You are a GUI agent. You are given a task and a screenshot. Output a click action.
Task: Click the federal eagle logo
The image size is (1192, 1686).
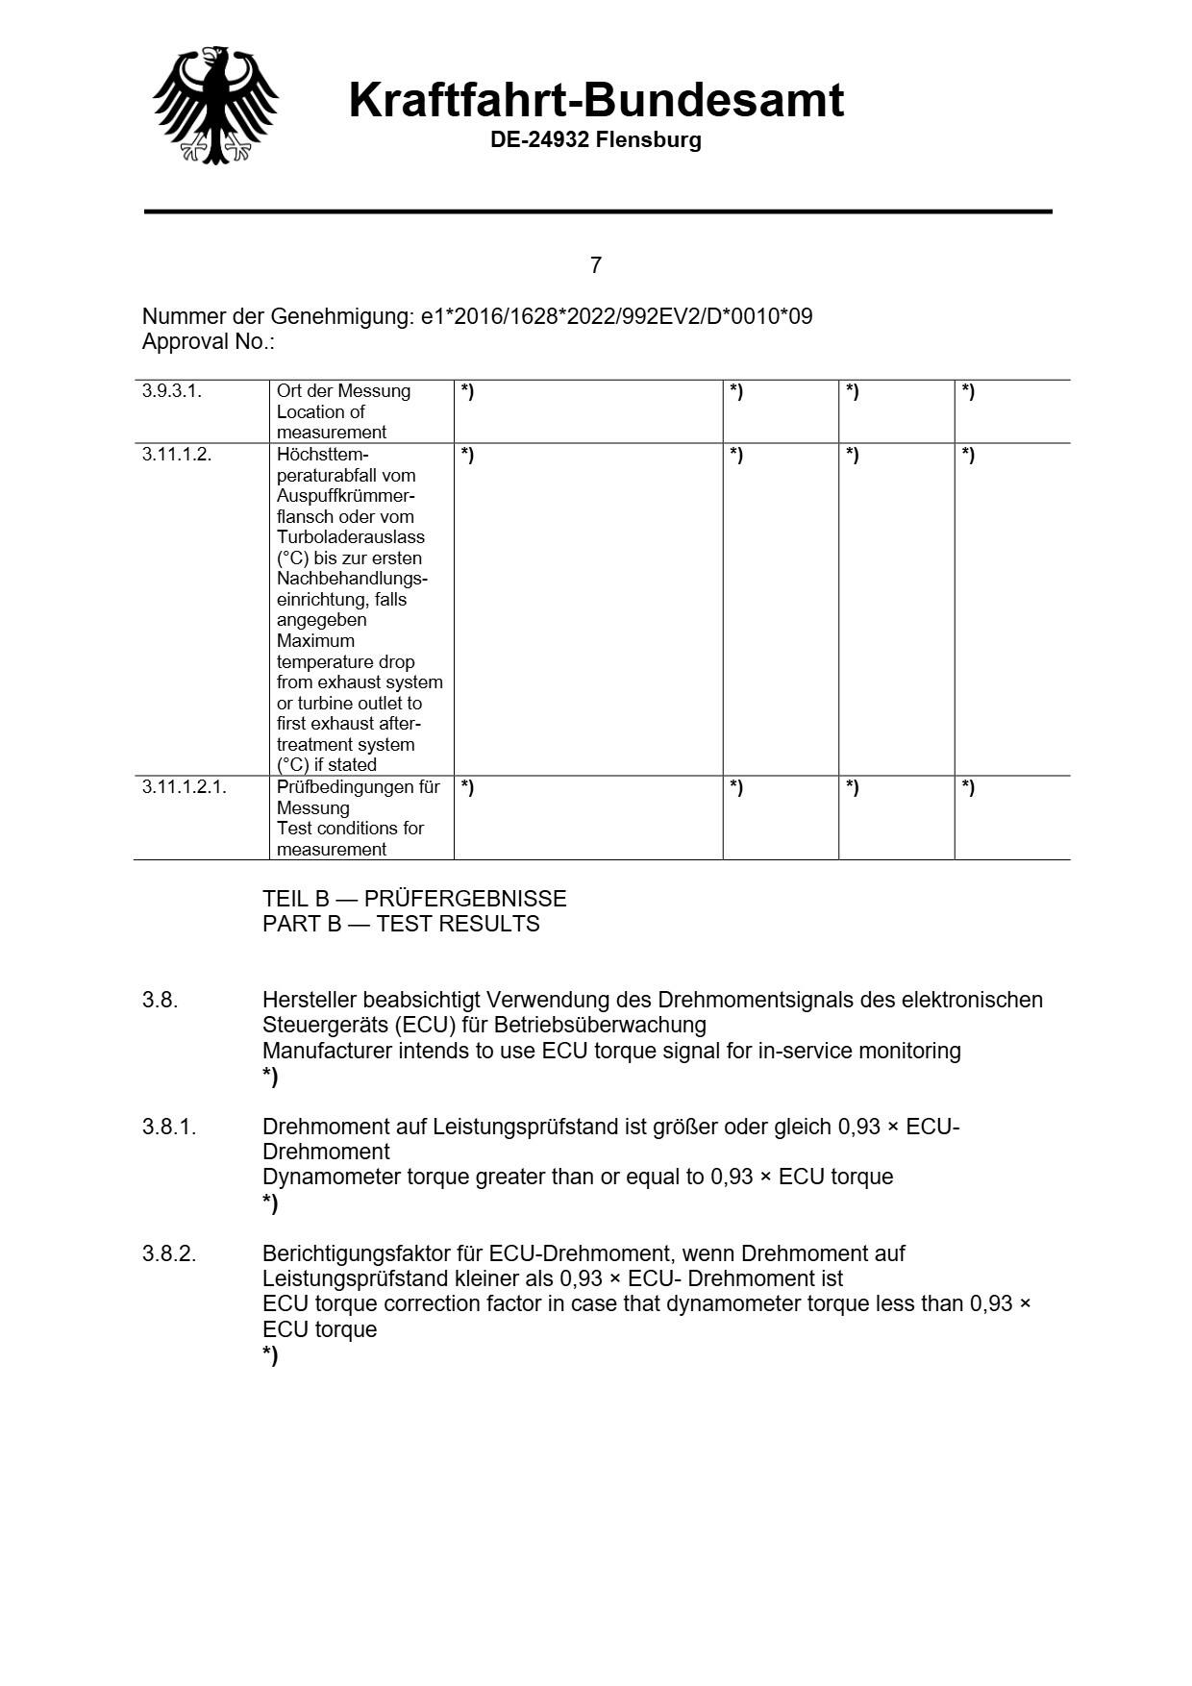pos(215,105)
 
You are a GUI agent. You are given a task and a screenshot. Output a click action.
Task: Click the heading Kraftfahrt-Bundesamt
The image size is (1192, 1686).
pos(596,100)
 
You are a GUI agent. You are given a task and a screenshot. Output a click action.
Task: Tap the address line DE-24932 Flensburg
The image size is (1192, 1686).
pos(596,140)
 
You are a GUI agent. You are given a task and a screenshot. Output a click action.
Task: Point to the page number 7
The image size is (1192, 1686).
pos(596,265)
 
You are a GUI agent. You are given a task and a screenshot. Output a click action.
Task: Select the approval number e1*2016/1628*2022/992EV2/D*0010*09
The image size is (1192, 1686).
pos(616,316)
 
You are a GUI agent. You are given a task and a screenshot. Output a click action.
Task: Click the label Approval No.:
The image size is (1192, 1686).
pos(209,342)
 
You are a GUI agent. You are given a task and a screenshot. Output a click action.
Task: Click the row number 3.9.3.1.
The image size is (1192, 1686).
pos(172,391)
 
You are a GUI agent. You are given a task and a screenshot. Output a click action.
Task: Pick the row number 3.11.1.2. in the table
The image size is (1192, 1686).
pos(177,455)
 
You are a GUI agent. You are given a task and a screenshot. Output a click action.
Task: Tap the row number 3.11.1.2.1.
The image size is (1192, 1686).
pos(185,787)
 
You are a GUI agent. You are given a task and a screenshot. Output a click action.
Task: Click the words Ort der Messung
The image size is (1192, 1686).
pos(343,391)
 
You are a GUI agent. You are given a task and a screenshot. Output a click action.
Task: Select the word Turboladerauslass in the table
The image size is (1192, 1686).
pos(350,537)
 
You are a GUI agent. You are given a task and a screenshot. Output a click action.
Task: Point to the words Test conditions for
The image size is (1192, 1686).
pos(350,829)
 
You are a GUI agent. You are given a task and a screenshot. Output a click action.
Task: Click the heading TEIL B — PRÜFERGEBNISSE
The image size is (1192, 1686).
pos(414,899)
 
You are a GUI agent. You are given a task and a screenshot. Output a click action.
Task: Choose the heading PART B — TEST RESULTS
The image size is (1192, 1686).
pos(401,924)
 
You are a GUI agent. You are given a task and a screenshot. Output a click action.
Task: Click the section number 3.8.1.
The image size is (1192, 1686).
pos(169,1127)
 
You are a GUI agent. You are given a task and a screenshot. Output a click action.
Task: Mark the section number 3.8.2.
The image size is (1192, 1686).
pos(169,1253)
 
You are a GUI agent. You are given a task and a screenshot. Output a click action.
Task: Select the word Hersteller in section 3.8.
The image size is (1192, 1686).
pos(309,1000)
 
